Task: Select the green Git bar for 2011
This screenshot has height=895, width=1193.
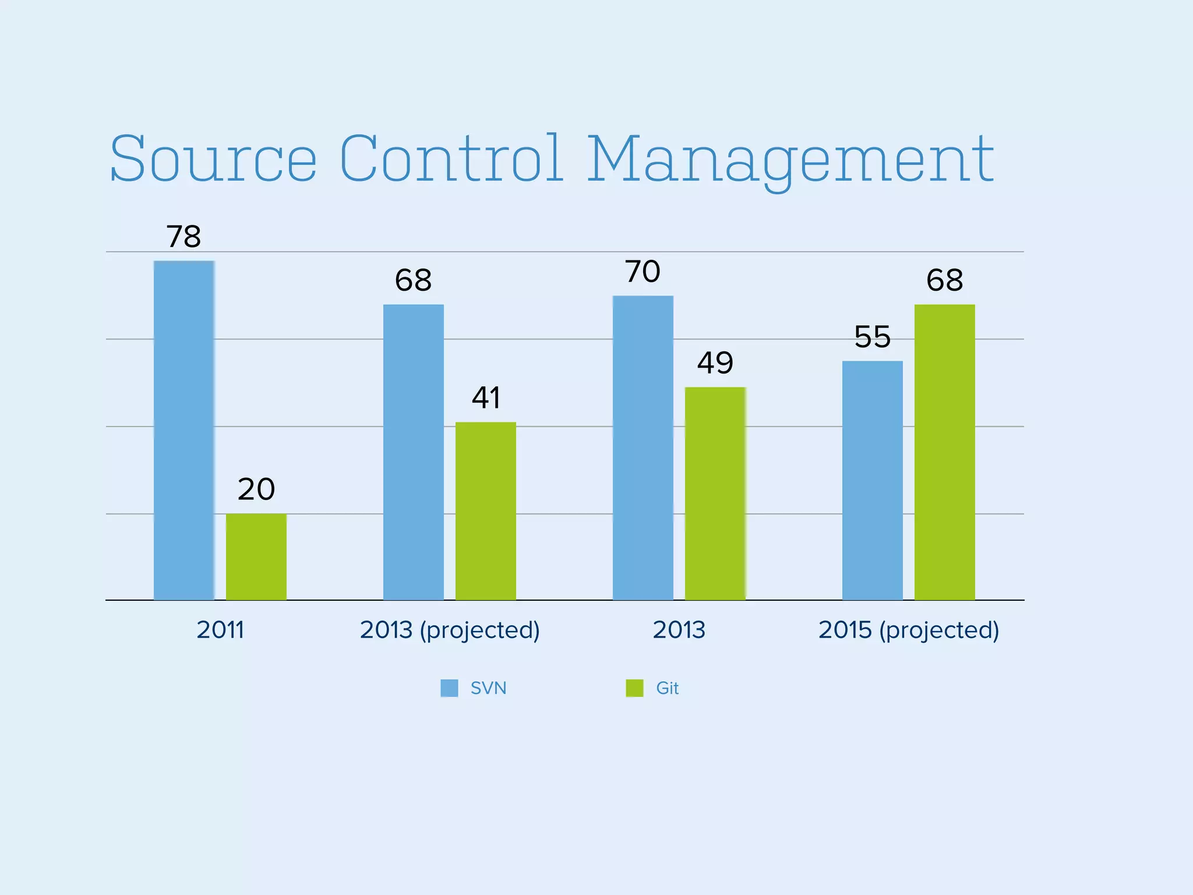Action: (x=256, y=556)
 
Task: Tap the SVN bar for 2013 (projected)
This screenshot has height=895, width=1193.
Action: (x=414, y=452)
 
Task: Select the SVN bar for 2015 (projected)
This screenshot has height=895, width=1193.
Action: (x=873, y=480)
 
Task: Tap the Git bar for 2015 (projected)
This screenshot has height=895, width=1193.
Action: (x=945, y=452)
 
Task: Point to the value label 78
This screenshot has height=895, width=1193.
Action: (x=184, y=237)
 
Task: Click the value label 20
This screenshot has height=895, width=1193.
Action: (x=256, y=489)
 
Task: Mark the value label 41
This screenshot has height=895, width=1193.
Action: (x=486, y=398)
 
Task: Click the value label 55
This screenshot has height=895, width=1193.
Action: (x=873, y=337)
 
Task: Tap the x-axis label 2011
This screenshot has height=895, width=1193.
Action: (x=220, y=630)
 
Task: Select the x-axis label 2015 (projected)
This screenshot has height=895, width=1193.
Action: (x=909, y=630)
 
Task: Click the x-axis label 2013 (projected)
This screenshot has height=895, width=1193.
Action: (x=450, y=630)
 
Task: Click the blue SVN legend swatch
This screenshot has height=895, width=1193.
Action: (x=449, y=688)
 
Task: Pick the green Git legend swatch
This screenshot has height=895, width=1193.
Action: (x=634, y=688)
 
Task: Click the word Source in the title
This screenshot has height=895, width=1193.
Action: (x=213, y=158)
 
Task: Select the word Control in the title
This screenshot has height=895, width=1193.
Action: (x=452, y=158)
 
